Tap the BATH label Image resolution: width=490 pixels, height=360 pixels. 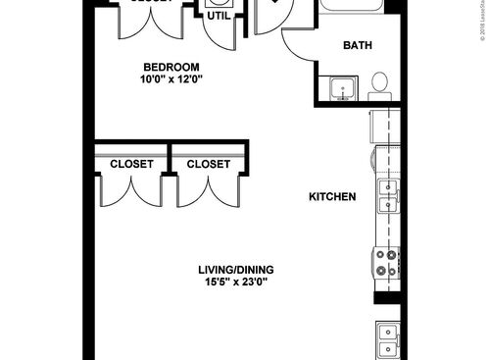357,45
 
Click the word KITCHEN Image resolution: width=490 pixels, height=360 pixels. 332,197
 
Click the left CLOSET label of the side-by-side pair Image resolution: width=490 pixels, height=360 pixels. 131,165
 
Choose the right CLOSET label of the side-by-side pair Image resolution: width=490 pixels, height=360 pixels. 208,165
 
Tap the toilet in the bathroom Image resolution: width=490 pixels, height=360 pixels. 381,86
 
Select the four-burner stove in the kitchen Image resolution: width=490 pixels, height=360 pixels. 385,261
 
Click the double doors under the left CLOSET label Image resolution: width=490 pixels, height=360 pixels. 131,191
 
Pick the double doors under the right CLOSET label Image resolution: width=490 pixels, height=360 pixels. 208,191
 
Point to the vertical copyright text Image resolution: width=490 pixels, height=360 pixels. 483,24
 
